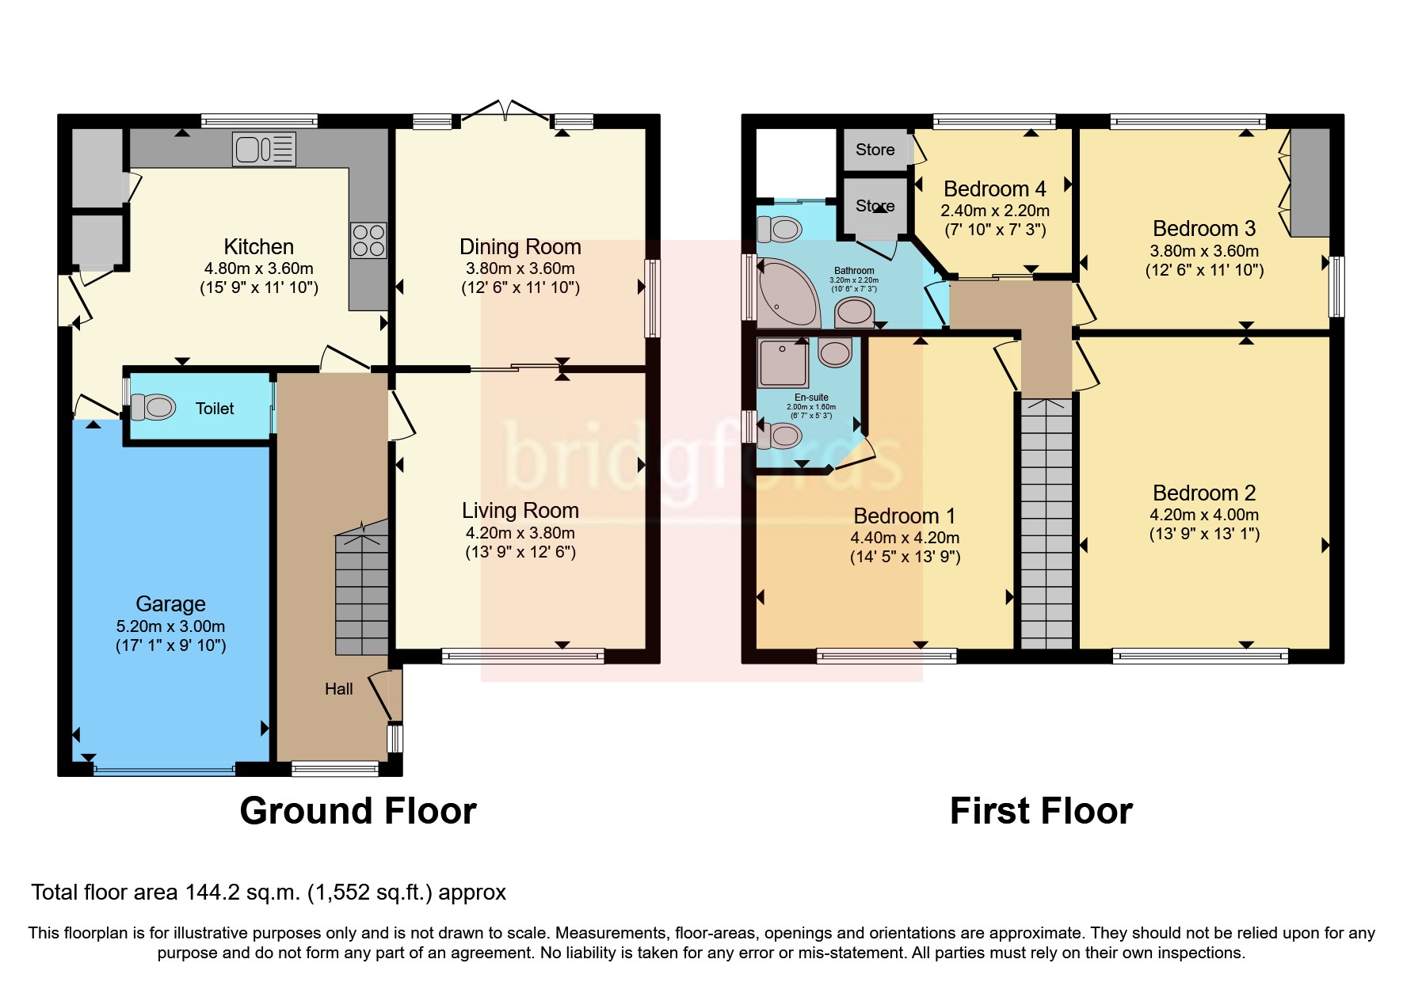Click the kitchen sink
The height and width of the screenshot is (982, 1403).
[264, 149]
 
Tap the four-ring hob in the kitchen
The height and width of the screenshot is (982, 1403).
[368, 241]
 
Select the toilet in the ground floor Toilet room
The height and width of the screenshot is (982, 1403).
[153, 407]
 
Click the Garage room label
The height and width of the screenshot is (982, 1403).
[170, 603]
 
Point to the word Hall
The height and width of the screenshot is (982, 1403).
[338, 689]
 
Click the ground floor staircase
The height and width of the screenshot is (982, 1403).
[362, 594]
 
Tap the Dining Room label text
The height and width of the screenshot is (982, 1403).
[520, 247]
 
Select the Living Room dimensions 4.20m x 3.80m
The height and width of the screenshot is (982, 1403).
[520, 533]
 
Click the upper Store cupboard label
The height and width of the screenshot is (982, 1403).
[875, 150]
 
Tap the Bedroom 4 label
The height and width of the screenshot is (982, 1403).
[994, 189]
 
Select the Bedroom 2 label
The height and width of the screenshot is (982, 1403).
[1203, 493]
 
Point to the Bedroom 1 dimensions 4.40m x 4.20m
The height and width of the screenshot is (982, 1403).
[905, 538]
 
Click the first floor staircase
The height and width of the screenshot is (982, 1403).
[1046, 523]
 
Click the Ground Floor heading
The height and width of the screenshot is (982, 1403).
[357, 811]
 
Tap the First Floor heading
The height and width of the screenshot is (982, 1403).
[1040, 811]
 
